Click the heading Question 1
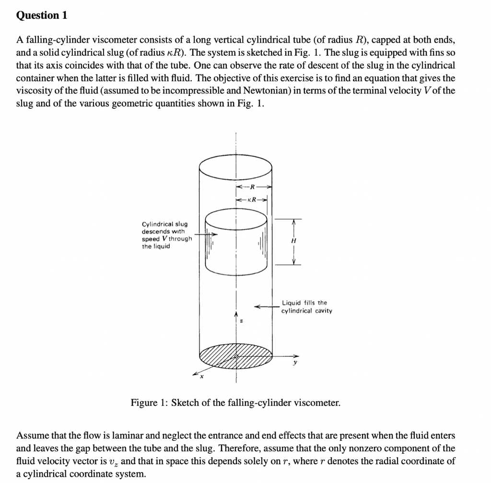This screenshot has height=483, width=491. pos(42,15)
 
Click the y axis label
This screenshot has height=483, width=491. pos(295,363)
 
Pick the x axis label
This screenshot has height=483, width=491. pos(202,377)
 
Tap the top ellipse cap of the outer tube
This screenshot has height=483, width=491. pos(235,165)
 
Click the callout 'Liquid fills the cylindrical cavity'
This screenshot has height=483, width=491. pos(306,306)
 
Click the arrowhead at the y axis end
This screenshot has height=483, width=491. pos(296,356)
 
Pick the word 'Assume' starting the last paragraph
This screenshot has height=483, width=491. pos(32,436)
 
